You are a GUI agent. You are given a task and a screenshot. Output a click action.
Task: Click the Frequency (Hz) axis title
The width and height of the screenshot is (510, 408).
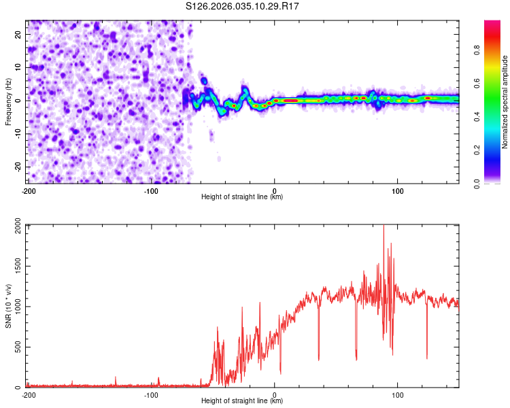pos(8,101)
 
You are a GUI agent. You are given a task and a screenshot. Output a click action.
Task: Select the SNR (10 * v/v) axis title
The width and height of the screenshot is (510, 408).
pos(8,306)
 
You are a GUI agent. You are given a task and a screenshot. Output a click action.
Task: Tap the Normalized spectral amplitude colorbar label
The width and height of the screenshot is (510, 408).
pos(505,102)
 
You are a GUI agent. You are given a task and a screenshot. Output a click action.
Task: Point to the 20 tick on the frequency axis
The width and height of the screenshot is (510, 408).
pos(18,34)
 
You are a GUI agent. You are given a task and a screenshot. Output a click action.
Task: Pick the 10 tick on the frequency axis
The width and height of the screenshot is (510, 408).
pos(18,67)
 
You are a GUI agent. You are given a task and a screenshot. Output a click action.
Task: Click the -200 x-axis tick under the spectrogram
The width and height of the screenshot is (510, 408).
pos(28,190)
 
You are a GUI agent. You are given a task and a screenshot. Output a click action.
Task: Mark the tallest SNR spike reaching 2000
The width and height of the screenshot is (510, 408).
pos(384,227)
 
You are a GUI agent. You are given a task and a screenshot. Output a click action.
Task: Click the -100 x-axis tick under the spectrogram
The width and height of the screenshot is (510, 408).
pos(151,190)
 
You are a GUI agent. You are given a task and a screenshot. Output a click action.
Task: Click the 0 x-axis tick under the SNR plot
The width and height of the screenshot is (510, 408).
pos(275,394)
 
